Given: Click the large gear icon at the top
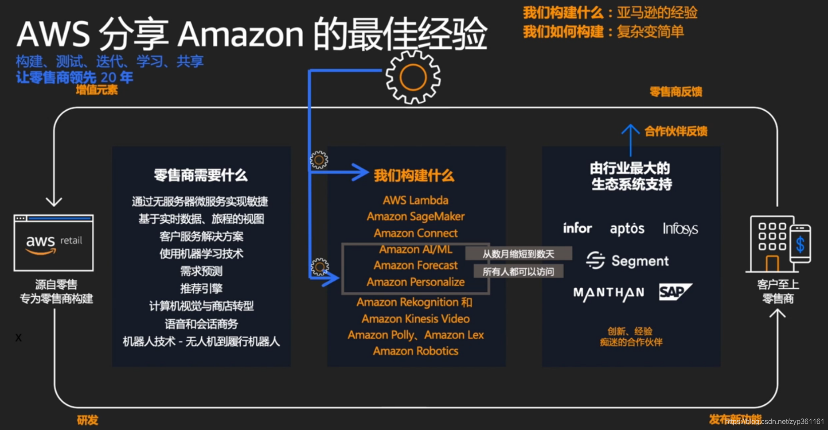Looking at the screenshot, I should click(x=413, y=77).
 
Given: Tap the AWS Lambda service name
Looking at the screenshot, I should click(x=415, y=200).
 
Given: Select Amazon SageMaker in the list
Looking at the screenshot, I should click(x=415, y=217).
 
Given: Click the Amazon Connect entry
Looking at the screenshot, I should click(x=415, y=233).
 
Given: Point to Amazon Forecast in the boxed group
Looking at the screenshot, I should click(x=415, y=265).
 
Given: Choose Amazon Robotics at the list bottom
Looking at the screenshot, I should click(x=415, y=351).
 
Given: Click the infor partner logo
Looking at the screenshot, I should click(x=577, y=228).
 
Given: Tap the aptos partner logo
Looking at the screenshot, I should click(x=627, y=229).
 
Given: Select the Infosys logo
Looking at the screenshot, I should click(x=680, y=229).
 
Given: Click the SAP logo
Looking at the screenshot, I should click(x=675, y=292).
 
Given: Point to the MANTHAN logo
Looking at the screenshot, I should click(x=608, y=293).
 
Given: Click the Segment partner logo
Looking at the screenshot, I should click(x=627, y=261).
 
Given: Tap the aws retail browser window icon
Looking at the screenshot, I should click(x=54, y=243).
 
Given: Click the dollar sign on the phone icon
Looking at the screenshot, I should click(x=800, y=244).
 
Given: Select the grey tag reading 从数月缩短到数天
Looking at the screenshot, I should click(x=518, y=254).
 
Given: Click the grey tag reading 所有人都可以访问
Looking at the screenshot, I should click(x=518, y=271).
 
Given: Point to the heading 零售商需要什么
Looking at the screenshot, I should click(x=201, y=175).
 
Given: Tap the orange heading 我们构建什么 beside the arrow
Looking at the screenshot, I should click(x=414, y=176).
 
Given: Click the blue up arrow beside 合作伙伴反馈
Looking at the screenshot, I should click(x=630, y=138).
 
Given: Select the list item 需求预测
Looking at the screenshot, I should click(x=201, y=271).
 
